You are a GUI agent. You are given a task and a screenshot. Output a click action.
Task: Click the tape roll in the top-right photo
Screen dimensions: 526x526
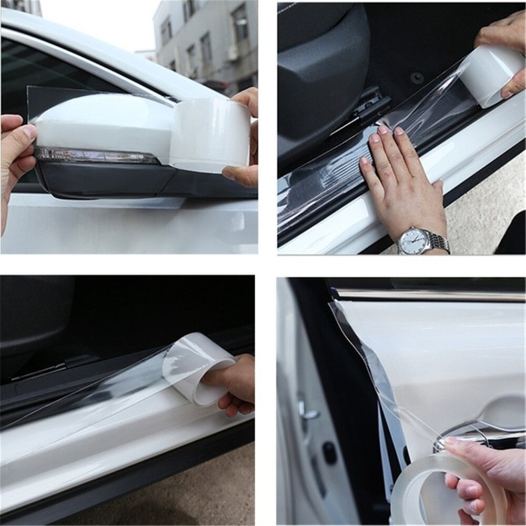click(492, 74)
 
